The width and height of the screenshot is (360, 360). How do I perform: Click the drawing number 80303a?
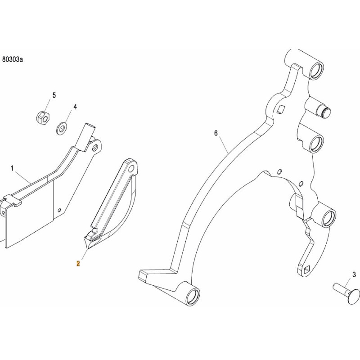coord(13,60)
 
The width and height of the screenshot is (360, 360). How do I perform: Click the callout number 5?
coord(54,95)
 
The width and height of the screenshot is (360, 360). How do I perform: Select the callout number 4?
coord(75,107)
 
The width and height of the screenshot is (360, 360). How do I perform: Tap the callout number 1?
coord(12,168)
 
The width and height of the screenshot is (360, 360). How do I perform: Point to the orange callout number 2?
coord(78,264)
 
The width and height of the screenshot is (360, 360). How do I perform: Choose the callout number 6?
coord(216,133)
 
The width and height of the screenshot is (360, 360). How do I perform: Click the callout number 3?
coord(354,274)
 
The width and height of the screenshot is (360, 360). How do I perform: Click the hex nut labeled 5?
coord(43,117)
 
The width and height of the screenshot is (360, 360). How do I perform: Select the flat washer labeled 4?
coord(62,129)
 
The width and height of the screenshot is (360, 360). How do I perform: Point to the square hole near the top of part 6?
coord(280,109)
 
